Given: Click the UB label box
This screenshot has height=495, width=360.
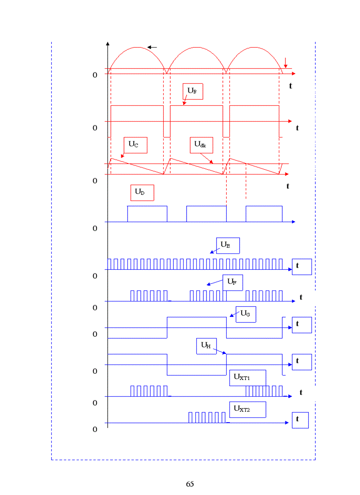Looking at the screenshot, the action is pos(193,91).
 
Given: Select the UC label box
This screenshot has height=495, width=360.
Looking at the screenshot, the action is pos(135,145).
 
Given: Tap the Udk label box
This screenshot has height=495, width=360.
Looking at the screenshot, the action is pos(201,145).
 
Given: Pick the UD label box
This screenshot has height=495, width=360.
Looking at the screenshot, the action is pos(142,193).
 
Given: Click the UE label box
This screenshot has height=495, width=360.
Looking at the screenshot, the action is pos(228,246).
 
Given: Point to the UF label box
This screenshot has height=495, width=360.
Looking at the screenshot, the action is pos(232,283).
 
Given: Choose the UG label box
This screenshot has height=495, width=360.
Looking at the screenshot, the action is pos(246,314).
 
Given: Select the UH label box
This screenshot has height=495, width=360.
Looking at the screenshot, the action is pos(206,346).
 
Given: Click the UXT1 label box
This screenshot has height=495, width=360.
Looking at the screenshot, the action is pos(247,378).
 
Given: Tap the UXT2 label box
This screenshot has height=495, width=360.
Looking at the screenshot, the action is pos(247,409).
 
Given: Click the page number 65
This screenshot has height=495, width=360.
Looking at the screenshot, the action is pos(190,484).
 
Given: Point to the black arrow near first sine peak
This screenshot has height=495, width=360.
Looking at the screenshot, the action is pos(152,47).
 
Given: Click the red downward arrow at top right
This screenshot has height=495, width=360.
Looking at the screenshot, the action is pos(286,63).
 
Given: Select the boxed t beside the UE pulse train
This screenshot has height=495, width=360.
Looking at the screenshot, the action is pos(302,267).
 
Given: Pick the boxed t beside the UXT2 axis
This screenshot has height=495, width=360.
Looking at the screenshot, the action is pos(300,420).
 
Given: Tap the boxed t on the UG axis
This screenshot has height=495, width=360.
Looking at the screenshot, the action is pos(302,325).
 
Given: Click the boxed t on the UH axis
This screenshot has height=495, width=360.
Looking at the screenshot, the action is pos(302,362).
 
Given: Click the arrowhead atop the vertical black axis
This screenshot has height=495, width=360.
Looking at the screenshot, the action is pos(108,44).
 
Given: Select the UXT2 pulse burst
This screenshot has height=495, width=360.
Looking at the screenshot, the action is pos(207,417).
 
